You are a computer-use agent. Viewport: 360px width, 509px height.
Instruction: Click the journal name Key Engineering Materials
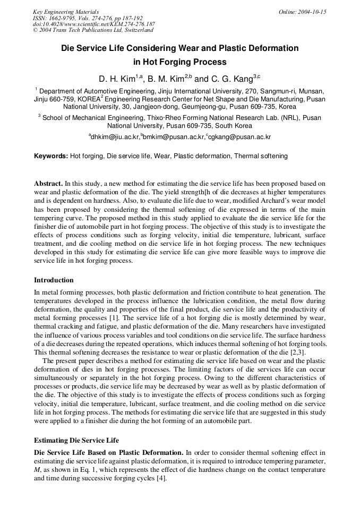click(x=66, y=12)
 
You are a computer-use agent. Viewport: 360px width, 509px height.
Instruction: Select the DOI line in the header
click(x=93, y=24)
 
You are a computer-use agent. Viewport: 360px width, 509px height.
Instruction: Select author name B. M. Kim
click(x=166, y=79)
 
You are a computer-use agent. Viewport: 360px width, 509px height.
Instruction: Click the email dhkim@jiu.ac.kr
click(x=115, y=137)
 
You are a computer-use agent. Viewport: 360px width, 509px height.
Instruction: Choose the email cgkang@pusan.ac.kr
click(x=240, y=137)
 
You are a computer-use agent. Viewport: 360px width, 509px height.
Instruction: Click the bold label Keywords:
click(x=51, y=156)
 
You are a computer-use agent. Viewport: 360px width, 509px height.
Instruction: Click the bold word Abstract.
click(x=48, y=183)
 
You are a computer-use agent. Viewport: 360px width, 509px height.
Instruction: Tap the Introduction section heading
click(x=54, y=280)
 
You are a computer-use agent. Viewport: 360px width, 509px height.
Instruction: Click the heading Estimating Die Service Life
click(x=76, y=440)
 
